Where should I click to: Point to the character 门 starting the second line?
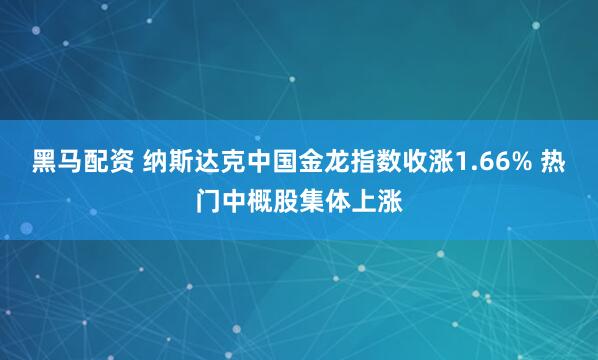[208, 196]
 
